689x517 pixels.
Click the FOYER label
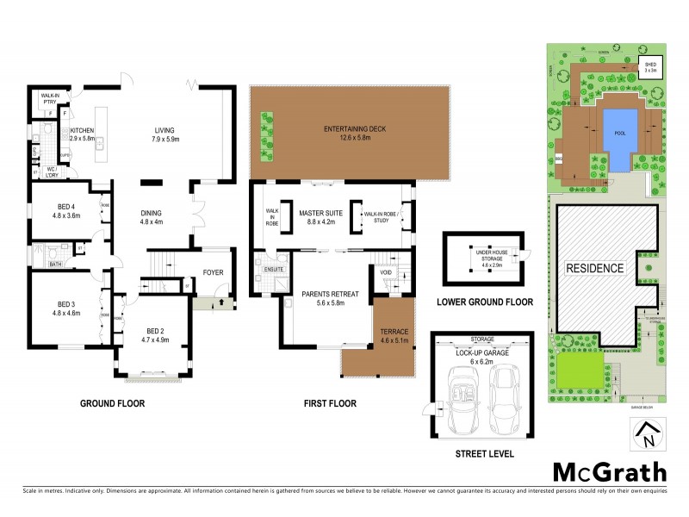(213, 273)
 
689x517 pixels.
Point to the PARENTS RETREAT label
(324, 298)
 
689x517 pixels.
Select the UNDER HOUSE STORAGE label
(491, 256)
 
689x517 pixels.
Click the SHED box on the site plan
(650, 68)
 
